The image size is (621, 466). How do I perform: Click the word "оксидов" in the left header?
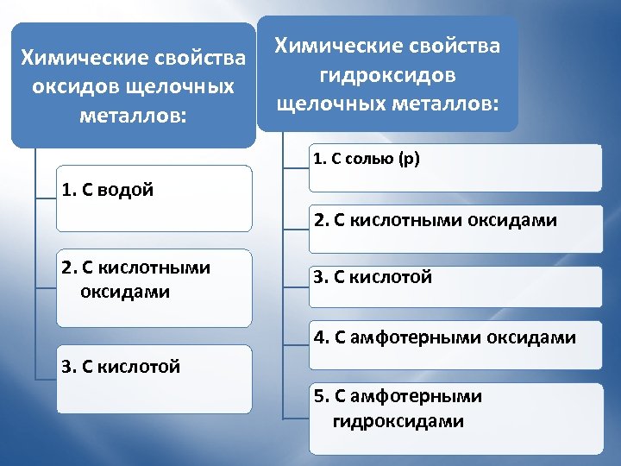[72, 87]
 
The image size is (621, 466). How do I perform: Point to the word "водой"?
[126, 190]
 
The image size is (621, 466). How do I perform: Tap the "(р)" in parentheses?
[408, 159]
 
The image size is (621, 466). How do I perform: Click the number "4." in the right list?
[322, 337]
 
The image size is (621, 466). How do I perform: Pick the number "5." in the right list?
[322, 396]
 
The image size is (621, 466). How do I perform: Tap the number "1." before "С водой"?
[69, 190]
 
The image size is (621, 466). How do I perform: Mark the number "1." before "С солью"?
[319, 159]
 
